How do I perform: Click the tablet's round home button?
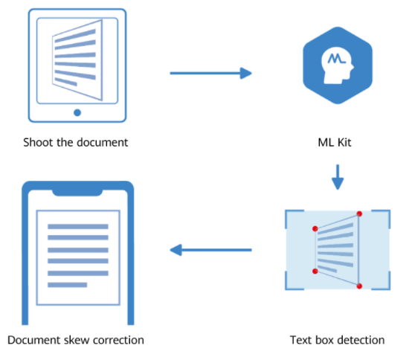click(77, 113)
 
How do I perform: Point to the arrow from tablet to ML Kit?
click(210, 73)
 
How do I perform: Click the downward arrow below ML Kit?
click(338, 178)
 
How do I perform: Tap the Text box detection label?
click(337, 340)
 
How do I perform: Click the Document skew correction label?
click(76, 340)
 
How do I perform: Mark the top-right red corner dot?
click(360, 214)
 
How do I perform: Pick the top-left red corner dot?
click(315, 228)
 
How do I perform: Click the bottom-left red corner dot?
click(315, 271)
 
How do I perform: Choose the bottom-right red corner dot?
click(360, 286)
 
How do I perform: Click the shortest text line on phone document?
click(68, 284)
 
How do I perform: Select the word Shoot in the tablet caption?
click(37, 142)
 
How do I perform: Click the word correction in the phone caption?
click(117, 340)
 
